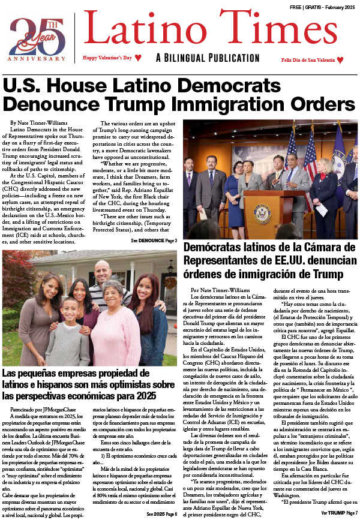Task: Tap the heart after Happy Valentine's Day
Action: point(138,58)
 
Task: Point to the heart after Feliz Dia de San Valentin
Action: point(340,60)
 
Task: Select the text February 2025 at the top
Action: point(339,7)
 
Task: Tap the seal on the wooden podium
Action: point(264,212)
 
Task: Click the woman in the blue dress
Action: point(235,183)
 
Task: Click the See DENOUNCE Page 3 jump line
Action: point(154,241)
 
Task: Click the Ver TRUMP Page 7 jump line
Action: point(340,514)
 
